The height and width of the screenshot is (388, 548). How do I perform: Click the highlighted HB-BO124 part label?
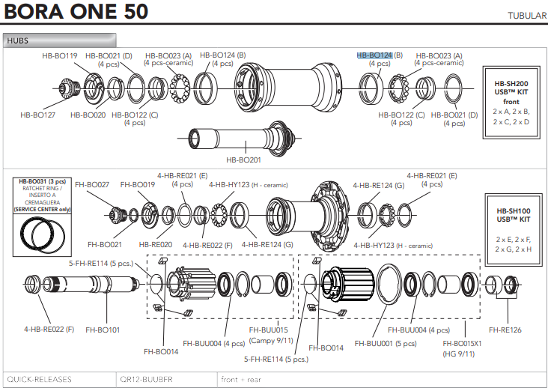[x=375, y=55]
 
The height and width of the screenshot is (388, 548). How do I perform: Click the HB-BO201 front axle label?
[x=244, y=160]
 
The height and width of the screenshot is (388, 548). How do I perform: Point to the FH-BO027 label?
[x=92, y=184]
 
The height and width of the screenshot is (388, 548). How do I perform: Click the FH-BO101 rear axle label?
[x=103, y=329]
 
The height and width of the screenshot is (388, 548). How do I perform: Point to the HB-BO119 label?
[x=59, y=55]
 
